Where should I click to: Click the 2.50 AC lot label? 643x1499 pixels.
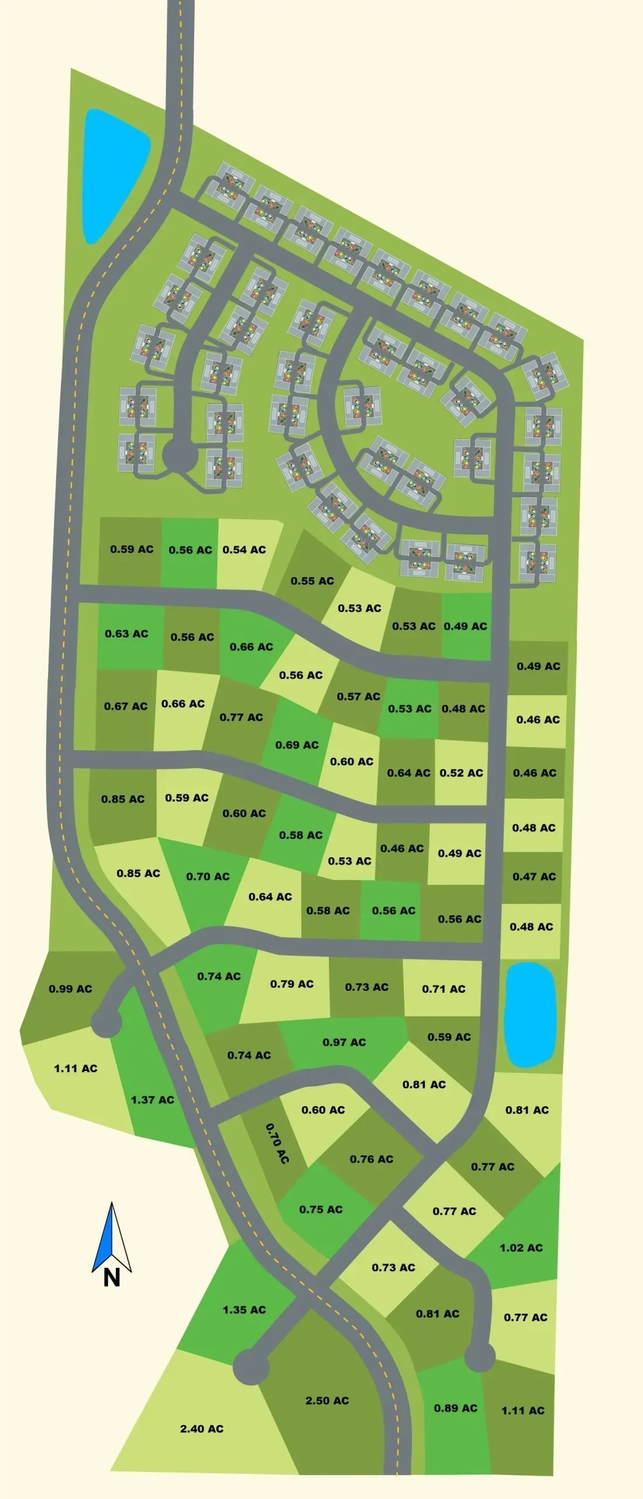327,1400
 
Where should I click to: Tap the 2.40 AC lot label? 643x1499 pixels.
201,1428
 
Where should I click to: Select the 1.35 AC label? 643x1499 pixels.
244,1309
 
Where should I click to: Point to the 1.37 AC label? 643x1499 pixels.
152,1099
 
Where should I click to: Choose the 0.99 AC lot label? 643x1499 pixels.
70,988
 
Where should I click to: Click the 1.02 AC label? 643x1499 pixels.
521,1247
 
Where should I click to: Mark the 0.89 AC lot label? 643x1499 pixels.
455,1408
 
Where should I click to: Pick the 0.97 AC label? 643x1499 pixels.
344,1042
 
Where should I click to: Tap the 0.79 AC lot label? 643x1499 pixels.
291,984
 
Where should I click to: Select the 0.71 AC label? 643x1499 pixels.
443,988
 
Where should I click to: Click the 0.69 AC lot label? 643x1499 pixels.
297,744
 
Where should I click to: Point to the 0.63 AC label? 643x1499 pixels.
126,633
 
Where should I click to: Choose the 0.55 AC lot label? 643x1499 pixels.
312,580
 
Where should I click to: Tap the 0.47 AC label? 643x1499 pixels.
534,876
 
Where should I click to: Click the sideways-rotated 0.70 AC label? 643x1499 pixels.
277,1143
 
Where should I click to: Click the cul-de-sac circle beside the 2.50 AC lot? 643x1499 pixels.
251,1367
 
